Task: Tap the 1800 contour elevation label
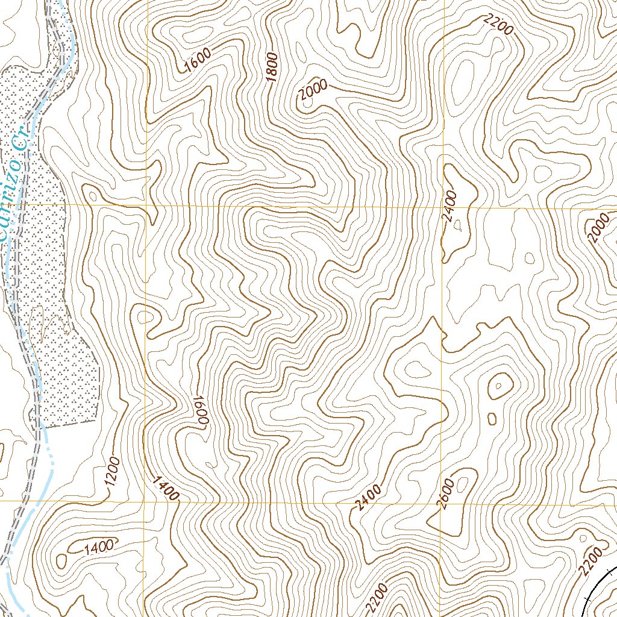coord(272,67)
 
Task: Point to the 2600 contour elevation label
coord(446,495)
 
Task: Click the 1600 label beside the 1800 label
coord(198,60)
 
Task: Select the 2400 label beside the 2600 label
coord(368,498)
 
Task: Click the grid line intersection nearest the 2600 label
coord(442,501)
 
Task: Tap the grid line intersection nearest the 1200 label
coord(145,501)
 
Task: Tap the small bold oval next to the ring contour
coord(492,418)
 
